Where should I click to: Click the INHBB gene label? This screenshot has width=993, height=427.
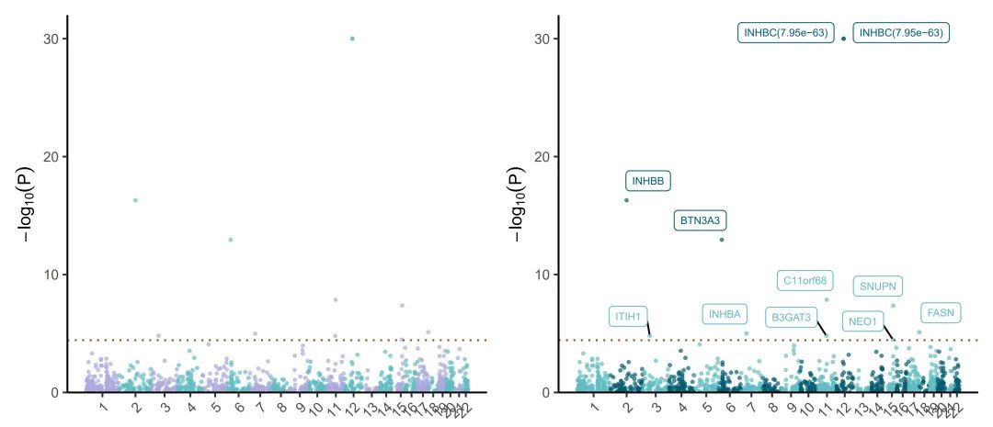[x=647, y=181]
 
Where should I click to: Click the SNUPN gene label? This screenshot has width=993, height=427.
[x=877, y=287]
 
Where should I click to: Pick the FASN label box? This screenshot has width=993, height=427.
[x=941, y=313]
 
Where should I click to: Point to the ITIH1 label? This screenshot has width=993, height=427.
[x=627, y=316]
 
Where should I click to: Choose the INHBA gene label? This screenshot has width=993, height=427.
[x=725, y=314]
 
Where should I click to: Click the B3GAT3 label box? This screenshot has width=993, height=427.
[x=792, y=318]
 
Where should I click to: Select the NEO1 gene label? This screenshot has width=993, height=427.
[x=863, y=321]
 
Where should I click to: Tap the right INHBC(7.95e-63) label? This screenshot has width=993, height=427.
[x=901, y=33]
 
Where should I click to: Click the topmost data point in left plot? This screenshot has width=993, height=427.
[x=352, y=39]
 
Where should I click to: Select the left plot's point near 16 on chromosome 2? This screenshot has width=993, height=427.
[x=135, y=200]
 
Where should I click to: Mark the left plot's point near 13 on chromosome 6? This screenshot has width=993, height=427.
[x=231, y=240]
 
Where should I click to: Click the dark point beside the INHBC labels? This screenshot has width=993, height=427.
[x=843, y=39]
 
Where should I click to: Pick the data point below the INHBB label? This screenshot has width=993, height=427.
[x=626, y=200]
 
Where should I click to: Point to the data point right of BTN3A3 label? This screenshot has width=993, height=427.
[x=722, y=240]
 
